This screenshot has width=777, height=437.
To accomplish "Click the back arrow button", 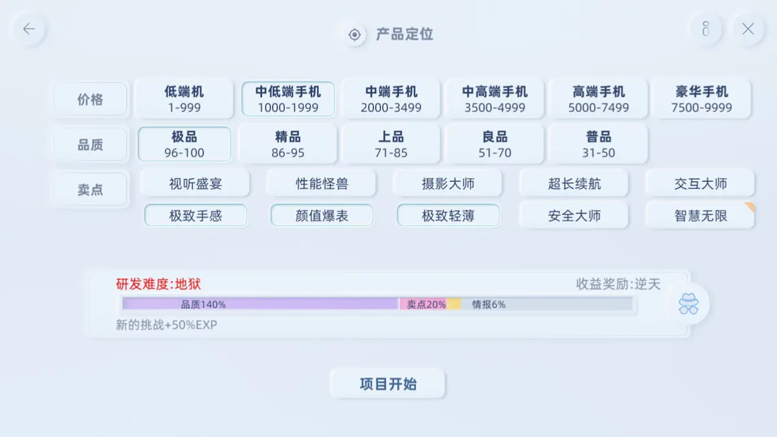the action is (x=28, y=28).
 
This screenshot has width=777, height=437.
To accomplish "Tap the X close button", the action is (x=748, y=28).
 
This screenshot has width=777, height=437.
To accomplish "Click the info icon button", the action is (x=706, y=28).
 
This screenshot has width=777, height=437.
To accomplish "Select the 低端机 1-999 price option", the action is (x=184, y=99).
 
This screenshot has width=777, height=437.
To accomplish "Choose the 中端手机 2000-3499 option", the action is (x=391, y=99).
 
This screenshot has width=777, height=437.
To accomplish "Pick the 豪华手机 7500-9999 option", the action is (x=701, y=99).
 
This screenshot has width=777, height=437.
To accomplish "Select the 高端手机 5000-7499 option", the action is (x=598, y=99).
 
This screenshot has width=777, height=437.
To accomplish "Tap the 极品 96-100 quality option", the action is (x=184, y=144).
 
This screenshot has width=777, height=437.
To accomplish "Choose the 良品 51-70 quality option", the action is (x=495, y=144).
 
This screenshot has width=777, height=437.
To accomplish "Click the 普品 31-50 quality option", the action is (x=598, y=144).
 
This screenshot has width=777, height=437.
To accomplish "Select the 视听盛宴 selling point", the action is (x=196, y=183).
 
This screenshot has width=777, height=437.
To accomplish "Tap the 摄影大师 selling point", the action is (x=448, y=183).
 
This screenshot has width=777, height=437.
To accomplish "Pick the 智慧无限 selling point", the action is (x=701, y=216).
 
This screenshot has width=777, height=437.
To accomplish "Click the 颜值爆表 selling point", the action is (x=322, y=216).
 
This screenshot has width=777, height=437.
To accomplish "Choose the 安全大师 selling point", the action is (x=574, y=216).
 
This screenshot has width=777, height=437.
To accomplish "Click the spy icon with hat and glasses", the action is (x=688, y=304).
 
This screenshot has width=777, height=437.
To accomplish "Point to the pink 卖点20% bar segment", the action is (x=423, y=304).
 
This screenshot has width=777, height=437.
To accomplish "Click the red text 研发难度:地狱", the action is (x=158, y=284).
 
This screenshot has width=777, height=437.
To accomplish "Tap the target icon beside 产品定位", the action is (x=355, y=35).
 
